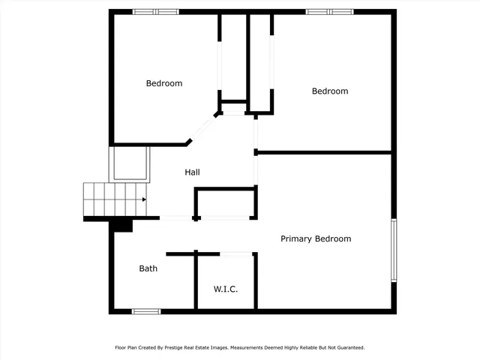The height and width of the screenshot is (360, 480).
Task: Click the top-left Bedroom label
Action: click(x=163, y=83)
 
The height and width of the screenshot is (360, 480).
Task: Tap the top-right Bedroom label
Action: click(x=330, y=91)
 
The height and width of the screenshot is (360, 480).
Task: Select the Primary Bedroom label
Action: click(x=316, y=238)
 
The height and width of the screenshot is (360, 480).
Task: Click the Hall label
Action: click(x=192, y=172)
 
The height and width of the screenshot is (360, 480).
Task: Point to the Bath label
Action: click(x=148, y=268)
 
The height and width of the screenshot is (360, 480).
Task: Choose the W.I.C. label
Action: click(x=226, y=289)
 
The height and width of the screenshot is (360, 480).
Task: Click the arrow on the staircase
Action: click(x=142, y=199)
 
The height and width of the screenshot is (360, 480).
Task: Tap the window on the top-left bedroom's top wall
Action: click(x=156, y=11)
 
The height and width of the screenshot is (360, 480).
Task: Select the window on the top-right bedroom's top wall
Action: click(x=329, y=11)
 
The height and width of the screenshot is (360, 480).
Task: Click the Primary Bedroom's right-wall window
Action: click(x=392, y=250)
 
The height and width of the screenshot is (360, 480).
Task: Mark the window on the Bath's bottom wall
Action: click(x=146, y=310)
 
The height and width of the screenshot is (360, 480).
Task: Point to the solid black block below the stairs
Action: click(x=121, y=225)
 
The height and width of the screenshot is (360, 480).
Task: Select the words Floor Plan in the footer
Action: click(x=126, y=348)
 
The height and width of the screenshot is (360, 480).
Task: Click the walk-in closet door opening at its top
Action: click(x=235, y=254)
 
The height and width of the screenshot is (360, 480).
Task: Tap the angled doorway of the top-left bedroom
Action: click(x=200, y=129)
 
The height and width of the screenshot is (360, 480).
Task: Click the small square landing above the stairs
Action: click(x=130, y=164)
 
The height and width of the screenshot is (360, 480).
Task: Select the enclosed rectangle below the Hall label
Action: click(x=226, y=203)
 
